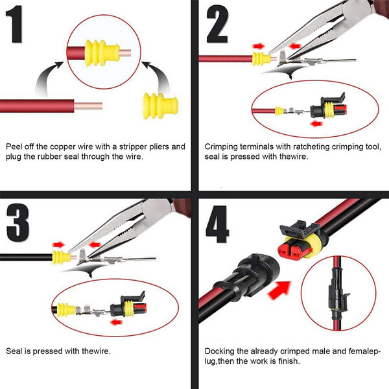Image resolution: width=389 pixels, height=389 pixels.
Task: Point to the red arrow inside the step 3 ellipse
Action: (117, 320)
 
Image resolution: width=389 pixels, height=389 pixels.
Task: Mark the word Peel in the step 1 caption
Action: (14, 147)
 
